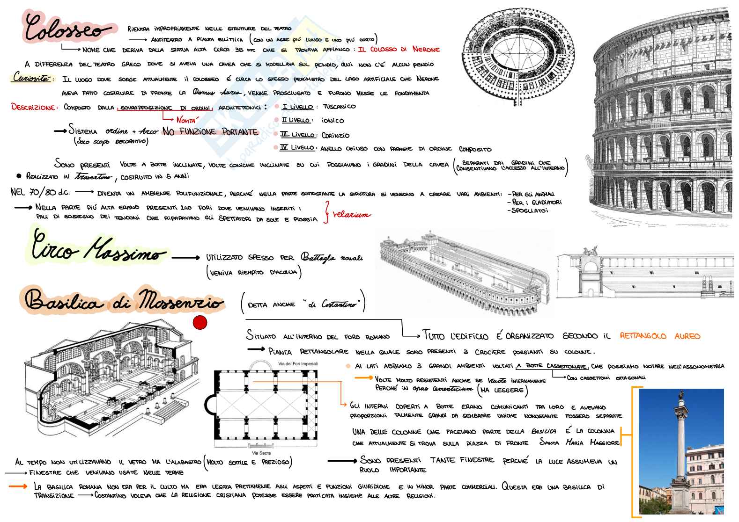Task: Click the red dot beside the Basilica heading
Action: pyautogui.click(x=200, y=323)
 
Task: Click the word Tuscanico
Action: pyautogui.click(x=339, y=107)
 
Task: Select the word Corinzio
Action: pyautogui.click(x=335, y=136)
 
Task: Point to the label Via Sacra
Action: pyautogui.click(x=262, y=453)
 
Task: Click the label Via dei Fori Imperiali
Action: pyautogui.click(x=298, y=363)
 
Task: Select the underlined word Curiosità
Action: pyautogui.click(x=31, y=79)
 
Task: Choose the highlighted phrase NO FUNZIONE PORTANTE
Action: pyautogui.click(x=210, y=132)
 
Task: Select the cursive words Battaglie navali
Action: pyautogui.click(x=332, y=257)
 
